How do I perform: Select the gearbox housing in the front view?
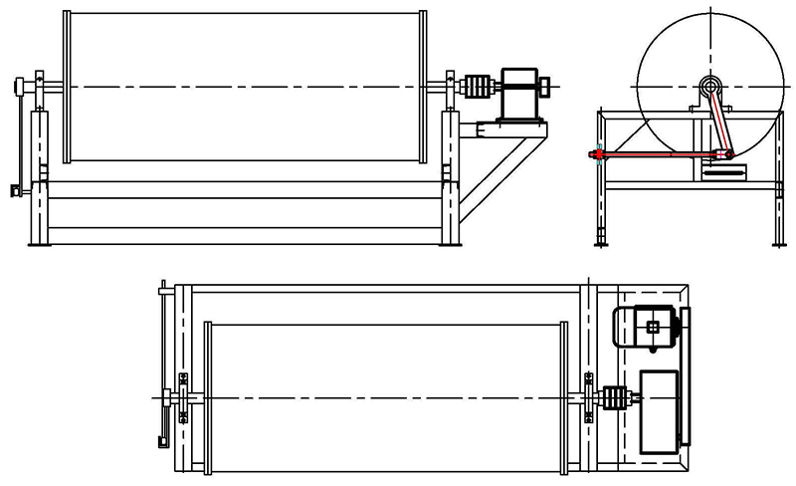coord(519,94)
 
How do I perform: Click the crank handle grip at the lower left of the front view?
coord(14,187)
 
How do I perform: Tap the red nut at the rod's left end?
coord(597,154)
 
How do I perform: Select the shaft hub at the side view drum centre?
coord(709,87)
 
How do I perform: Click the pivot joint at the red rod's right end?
coord(729,153)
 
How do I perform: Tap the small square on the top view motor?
coord(653,327)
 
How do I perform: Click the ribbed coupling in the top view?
coord(615,398)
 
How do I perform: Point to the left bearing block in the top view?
coord(183,398)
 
